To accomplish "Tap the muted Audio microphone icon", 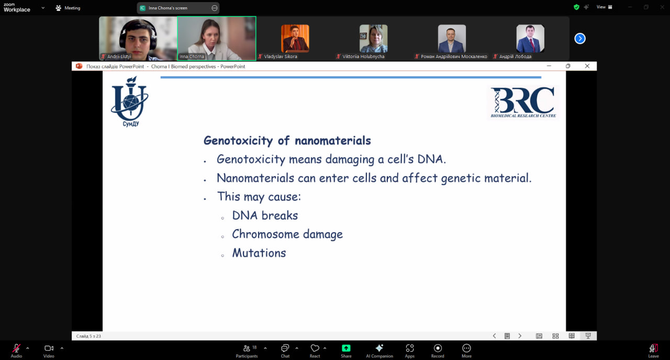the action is tap(16, 348).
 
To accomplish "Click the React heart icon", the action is tap(315, 348).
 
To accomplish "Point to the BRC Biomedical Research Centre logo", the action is tap(523, 102).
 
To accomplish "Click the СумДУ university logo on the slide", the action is tap(130, 102).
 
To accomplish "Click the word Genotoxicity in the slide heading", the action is tap(238, 141).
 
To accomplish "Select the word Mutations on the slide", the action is tap(259, 253).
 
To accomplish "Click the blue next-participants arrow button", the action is tap(579, 39).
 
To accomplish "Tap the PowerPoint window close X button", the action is tap(587, 66).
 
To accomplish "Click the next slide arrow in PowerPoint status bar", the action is tap(520, 336).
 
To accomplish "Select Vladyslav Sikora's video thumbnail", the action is tap(295, 38).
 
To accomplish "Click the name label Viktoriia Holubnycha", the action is tap(363, 57).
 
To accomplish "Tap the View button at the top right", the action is tap(604, 7).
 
